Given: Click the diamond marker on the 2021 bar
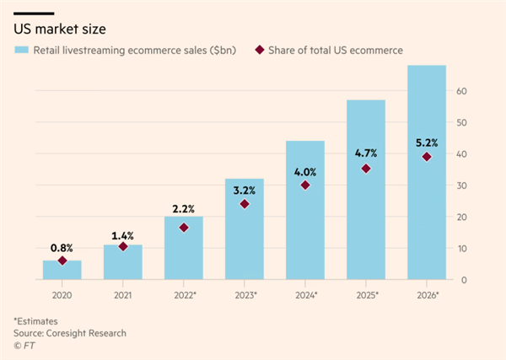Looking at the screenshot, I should coord(123,246).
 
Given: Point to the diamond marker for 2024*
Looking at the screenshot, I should coord(305,185).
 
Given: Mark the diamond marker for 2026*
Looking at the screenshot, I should coord(427,157).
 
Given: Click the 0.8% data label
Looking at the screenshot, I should coord(62,248).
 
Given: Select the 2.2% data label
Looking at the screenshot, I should coord(184,209).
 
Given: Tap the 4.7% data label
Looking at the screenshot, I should coord(366,153).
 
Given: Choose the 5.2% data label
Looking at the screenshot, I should coord(427,141).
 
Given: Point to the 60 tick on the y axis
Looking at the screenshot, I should coord(462,91).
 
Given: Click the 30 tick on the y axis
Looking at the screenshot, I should coord(462,185).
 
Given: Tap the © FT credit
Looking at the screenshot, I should coord(24,345).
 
